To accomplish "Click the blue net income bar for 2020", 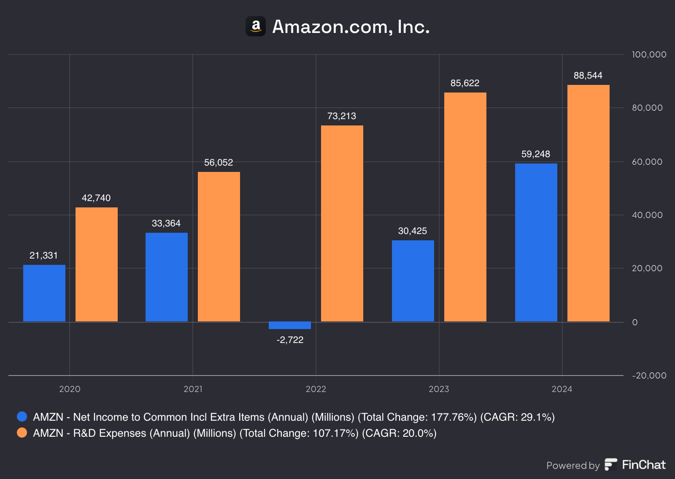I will point(44,293).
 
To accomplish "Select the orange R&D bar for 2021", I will point(219,247).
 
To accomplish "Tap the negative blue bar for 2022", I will point(290,325).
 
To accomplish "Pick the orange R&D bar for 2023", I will point(465,207).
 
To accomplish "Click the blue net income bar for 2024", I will point(536,242).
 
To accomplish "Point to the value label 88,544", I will point(588,76).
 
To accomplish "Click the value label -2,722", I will point(290,340).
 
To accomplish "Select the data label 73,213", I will point(342,116).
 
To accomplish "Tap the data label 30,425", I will point(413,231).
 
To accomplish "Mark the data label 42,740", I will point(96,198).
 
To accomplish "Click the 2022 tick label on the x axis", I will point(316,389).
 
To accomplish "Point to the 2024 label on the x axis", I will point(562,389).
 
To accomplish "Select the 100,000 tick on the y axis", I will point(649,54).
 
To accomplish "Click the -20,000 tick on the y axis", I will point(649,376).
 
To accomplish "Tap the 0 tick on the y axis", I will point(635,322).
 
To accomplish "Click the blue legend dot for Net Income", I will point(22,416).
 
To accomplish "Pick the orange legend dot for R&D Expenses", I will point(22,433).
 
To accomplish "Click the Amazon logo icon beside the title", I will point(256,26).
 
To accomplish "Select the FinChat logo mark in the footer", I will point(611,465).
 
